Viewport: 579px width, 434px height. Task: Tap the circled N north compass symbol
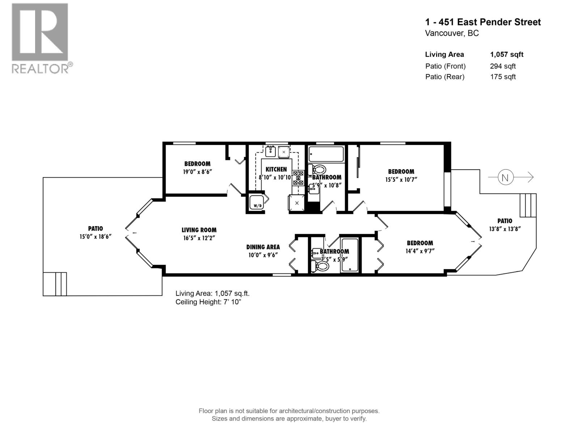coord(505,177)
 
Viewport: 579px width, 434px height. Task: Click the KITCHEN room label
coord(276,169)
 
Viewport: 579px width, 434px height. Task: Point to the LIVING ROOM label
coord(199,230)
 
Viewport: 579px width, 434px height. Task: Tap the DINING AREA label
coord(263,247)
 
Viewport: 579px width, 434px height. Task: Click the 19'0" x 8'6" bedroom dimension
coord(198,172)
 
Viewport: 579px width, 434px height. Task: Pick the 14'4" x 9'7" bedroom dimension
coord(420,251)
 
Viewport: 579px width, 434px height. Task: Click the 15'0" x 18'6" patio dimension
coord(96,237)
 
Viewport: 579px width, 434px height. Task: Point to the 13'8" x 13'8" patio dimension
coord(505,229)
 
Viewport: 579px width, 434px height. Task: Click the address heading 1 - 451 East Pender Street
coord(483,22)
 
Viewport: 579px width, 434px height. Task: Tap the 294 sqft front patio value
coord(503,66)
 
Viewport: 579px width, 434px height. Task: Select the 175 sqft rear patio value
coord(503,77)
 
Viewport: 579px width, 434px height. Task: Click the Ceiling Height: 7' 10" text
coord(208,302)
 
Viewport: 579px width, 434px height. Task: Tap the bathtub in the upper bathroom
coord(326,154)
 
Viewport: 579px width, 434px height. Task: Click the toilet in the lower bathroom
coord(320,266)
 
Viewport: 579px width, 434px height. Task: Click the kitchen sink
coord(270,152)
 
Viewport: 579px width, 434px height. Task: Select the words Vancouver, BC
coord(452,34)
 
